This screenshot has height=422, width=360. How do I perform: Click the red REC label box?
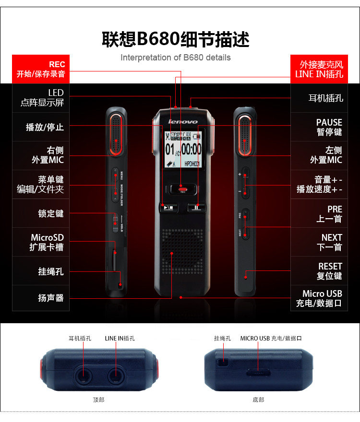tap(41, 69)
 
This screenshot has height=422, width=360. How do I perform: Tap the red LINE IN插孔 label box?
tap(319, 69)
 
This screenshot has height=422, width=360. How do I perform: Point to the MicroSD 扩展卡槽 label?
tap(41, 242)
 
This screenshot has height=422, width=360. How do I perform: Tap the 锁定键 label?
tap(41, 213)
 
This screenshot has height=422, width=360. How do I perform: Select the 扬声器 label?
tap(41, 298)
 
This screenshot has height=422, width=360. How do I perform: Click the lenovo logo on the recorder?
tap(182, 122)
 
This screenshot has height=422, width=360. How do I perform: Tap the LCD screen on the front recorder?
tap(183, 149)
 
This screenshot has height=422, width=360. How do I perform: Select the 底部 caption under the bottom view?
tap(258, 399)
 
